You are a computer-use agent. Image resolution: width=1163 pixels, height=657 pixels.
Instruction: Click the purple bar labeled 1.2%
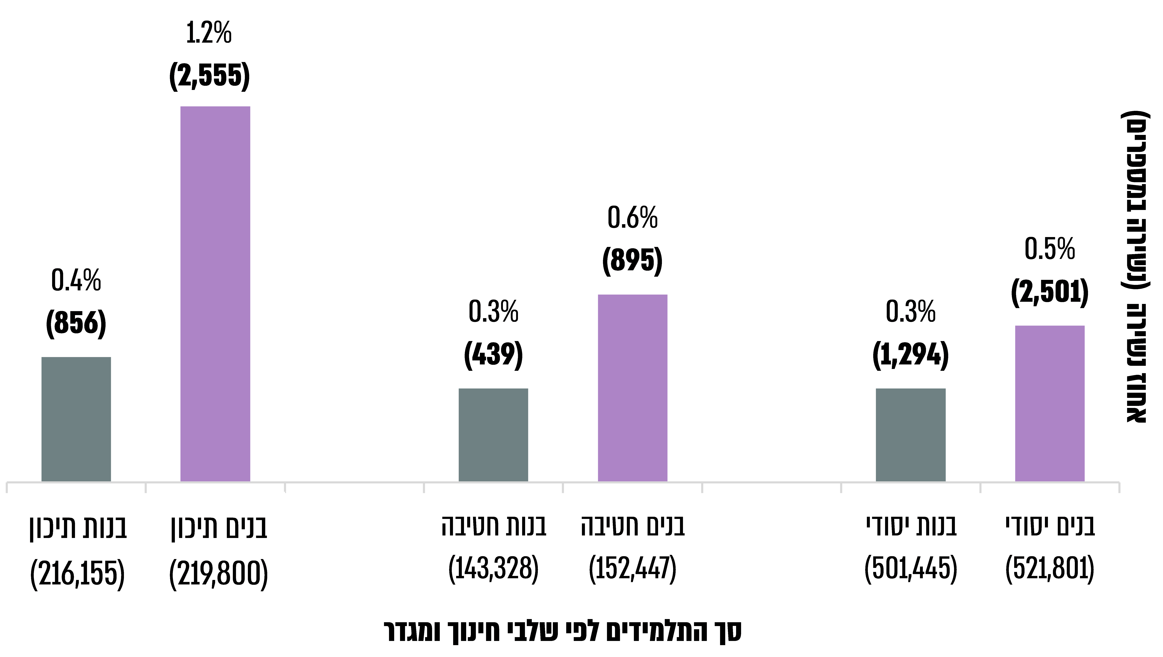215,294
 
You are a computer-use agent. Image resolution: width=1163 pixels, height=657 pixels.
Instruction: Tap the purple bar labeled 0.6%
633,388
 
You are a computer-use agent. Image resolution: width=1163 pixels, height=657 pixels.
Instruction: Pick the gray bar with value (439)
493,435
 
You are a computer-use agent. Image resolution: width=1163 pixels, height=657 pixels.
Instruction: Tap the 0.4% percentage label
76,280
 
